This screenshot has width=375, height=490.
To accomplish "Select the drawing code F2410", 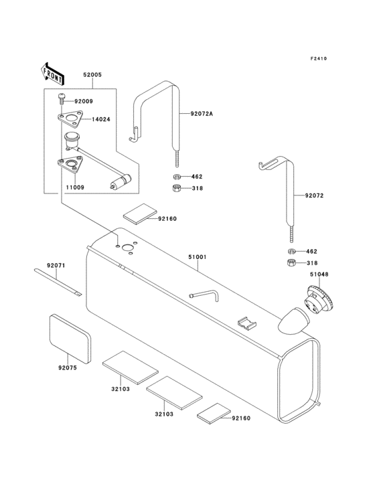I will tap(318, 59).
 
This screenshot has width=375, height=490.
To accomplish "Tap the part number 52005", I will tap(92, 76).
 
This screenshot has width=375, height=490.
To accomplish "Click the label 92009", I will tap(84, 102).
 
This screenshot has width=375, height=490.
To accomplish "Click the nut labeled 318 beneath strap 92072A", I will tap(176, 189).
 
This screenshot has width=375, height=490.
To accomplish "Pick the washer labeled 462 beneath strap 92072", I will tap(291, 251).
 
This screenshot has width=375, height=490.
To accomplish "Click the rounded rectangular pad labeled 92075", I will tap(70, 334).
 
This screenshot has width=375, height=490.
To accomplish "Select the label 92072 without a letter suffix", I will tap(315, 196).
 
